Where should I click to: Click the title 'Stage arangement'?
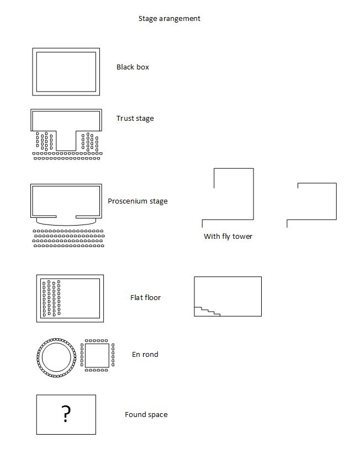pos(169,19)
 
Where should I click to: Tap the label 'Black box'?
pos(133,67)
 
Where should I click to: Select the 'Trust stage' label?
pos(135,119)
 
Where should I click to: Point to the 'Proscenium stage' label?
pos(137,201)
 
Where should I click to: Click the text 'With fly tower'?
pos(228,237)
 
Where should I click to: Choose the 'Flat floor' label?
pos(145,298)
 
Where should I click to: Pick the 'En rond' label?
pos(145,355)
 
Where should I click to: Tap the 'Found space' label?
pos(146,415)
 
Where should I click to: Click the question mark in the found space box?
pos(66,414)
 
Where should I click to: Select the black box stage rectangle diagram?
pos(66,72)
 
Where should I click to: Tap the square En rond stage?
pos(97,356)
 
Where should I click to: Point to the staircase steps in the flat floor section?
pos(207,312)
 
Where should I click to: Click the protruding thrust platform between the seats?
pos(66,140)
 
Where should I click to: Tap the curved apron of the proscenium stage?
pos(66,221)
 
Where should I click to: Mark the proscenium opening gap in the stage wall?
pos(66,216)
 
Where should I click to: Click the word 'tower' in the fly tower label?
pos(242,237)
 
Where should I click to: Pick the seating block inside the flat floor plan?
pos(51,298)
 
